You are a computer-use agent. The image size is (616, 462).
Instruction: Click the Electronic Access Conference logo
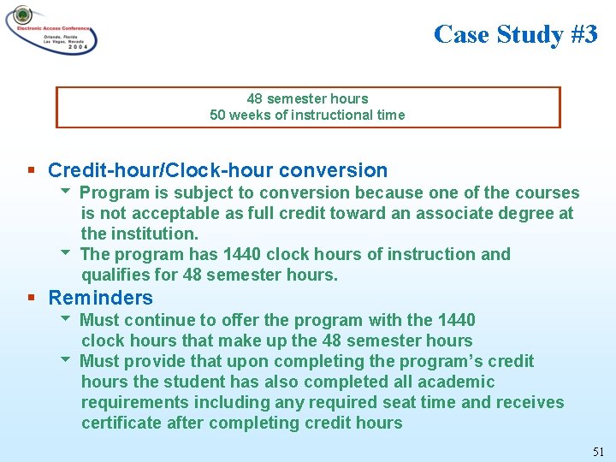(x=51, y=30)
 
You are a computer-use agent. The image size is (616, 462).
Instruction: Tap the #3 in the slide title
(x=583, y=34)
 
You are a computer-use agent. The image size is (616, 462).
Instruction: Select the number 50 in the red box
(x=218, y=115)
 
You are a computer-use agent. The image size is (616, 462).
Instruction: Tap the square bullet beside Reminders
(x=31, y=298)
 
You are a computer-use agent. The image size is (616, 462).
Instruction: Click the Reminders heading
(x=100, y=298)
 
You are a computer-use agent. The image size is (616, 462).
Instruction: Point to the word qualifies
(x=115, y=275)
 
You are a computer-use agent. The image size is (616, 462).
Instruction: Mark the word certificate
(x=121, y=423)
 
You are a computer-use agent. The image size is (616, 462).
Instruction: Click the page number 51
(x=598, y=451)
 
